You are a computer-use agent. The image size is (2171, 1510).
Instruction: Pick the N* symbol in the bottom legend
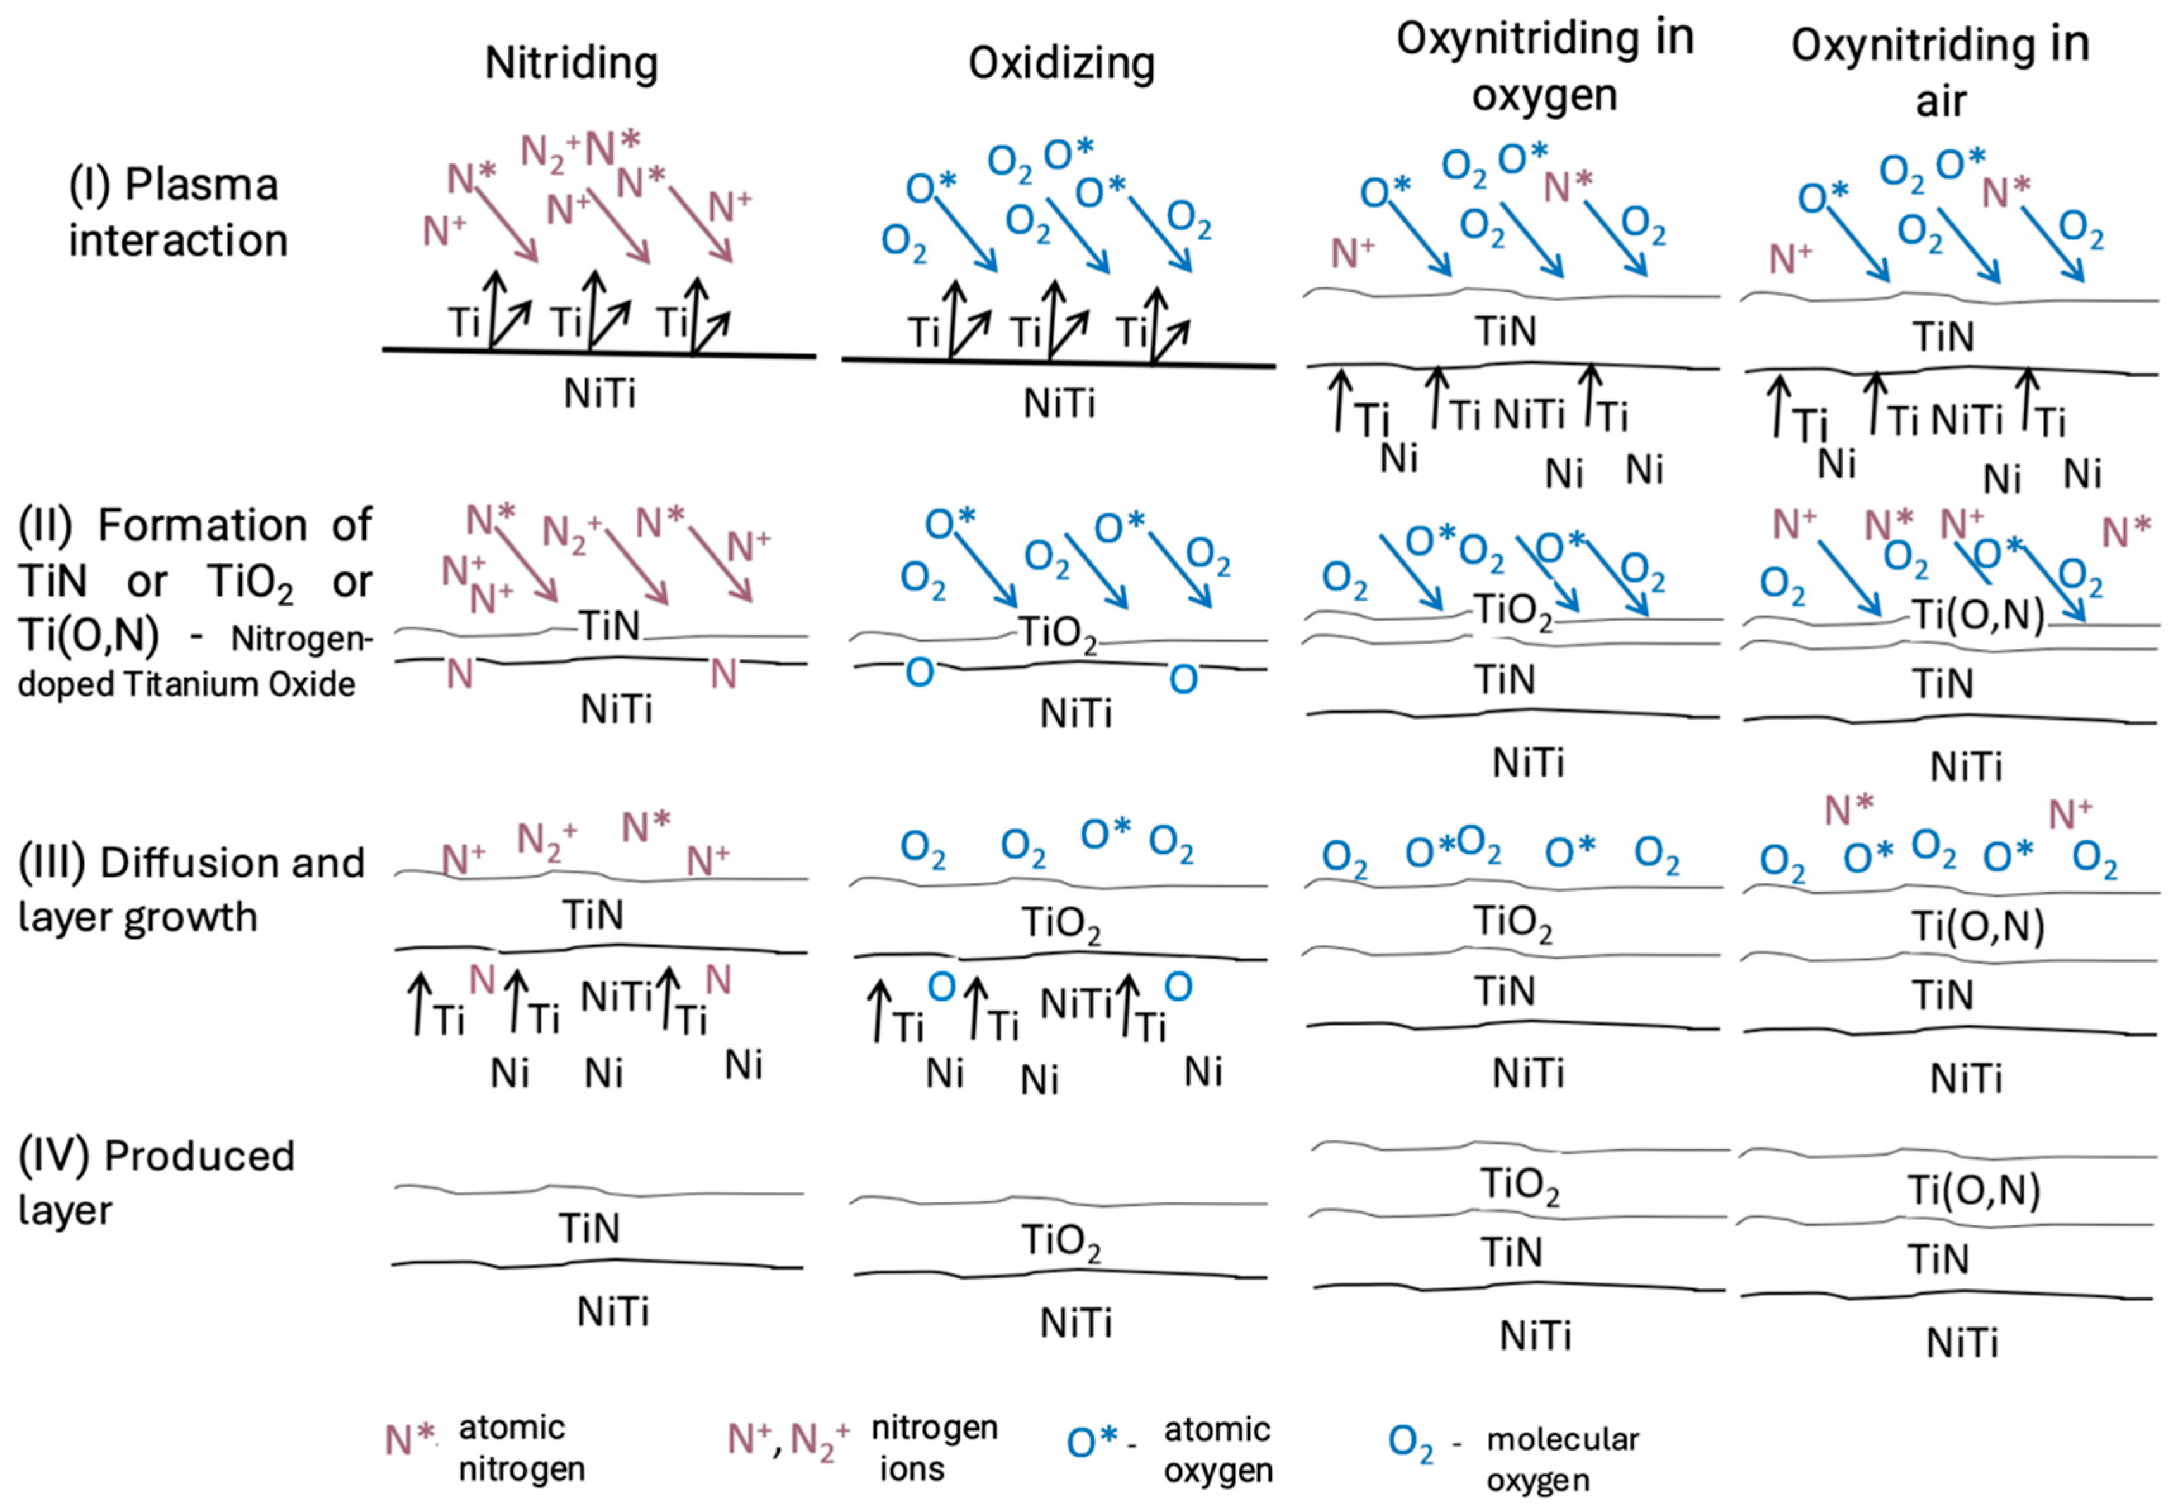click(408, 1440)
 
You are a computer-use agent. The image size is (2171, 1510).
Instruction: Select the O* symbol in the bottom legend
click(1093, 1442)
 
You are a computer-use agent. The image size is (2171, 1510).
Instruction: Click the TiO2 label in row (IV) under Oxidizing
click(1061, 1240)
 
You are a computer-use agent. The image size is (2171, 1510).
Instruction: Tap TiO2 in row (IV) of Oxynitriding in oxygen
click(1518, 1185)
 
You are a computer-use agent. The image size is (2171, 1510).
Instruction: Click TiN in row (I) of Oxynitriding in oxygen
click(1505, 331)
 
